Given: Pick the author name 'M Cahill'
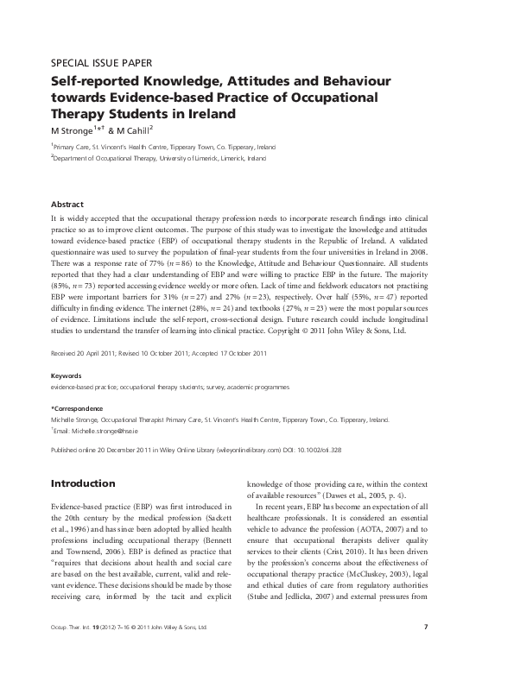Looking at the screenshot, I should coord(131,130).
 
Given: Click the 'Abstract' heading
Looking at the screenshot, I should coord(67,205).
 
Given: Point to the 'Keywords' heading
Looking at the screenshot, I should coord(67,376).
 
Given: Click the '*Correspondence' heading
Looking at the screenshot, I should coord(77,408).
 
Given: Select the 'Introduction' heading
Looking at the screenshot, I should coord(83,483).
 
